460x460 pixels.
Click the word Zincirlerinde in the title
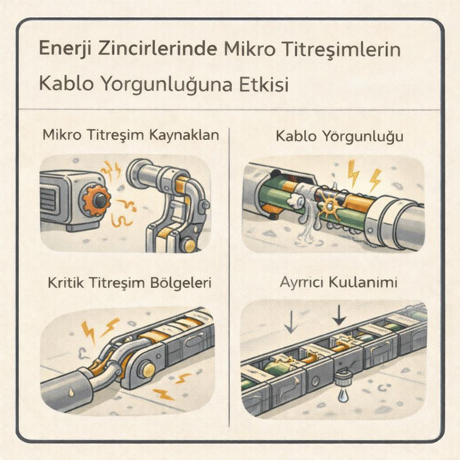(x=158, y=49)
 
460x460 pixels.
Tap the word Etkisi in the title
(x=264, y=85)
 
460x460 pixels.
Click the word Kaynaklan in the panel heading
(x=184, y=135)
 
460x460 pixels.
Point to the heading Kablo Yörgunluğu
(x=340, y=137)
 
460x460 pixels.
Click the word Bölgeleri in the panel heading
(x=181, y=283)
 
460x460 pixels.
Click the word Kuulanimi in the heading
(x=363, y=282)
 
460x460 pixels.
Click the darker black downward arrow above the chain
(x=339, y=315)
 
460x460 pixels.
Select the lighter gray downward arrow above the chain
(x=291, y=323)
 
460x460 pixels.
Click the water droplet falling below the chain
(x=343, y=396)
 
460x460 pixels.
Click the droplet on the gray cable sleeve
(x=71, y=392)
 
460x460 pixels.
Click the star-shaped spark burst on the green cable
(x=329, y=205)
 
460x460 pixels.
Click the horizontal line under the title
(x=229, y=110)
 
